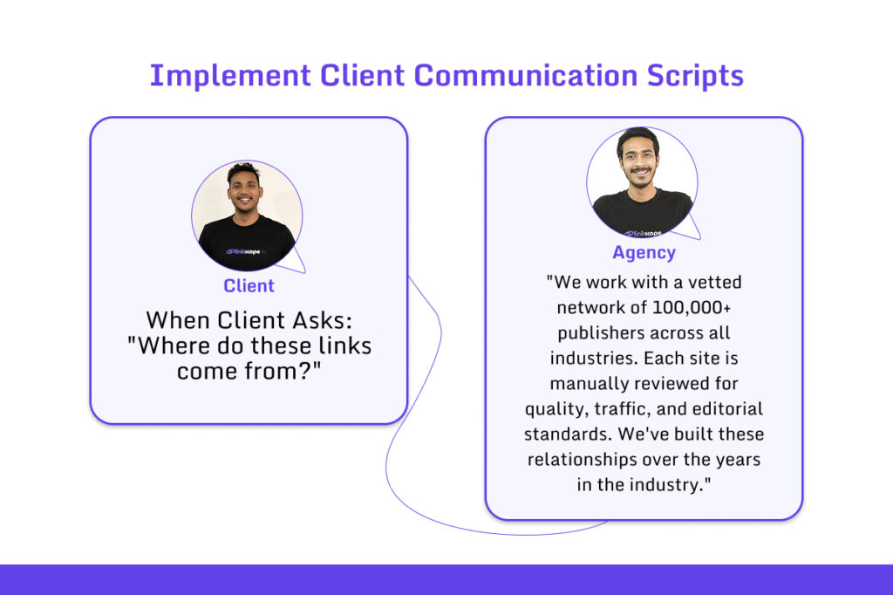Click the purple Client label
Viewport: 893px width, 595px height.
(x=249, y=286)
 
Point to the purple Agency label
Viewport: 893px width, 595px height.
(x=644, y=253)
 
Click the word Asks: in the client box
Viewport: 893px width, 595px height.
(x=315, y=320)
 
